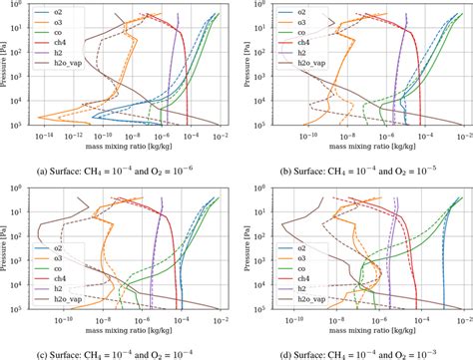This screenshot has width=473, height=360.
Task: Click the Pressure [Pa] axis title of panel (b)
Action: tap(243, 64)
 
